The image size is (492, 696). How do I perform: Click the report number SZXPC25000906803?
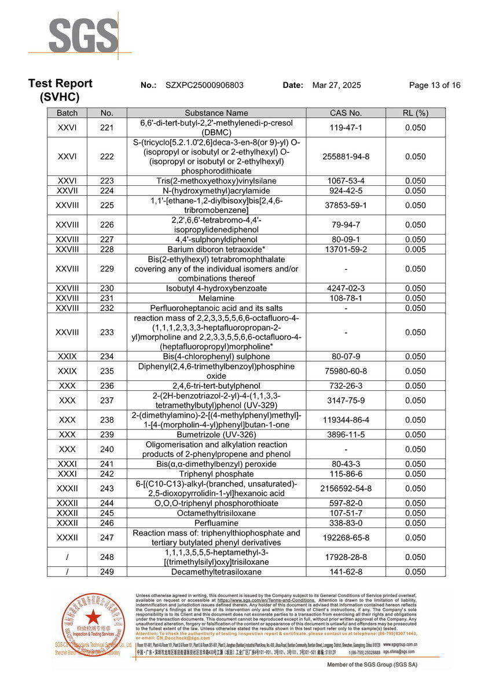(x=204, y=85)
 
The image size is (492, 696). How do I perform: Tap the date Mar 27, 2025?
(x=336, y=85)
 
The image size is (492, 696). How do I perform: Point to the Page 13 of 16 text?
(x=435, y=85)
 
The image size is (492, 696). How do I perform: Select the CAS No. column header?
(x=346, y=113)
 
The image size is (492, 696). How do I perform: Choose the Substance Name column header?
(x=216, y=113)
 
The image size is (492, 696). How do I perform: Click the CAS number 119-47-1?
(x=346, y=127)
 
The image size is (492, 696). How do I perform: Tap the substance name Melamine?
(x=216, y=298)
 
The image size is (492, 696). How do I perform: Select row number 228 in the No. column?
(x=107, y=249)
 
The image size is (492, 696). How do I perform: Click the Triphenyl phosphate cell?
(x=216, y=474)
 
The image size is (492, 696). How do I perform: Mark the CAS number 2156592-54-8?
(x=346, y=488)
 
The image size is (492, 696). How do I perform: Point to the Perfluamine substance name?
(x=216, y=523)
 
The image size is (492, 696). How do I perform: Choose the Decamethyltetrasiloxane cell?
(x=216, y=572)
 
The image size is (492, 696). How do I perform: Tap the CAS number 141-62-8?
(x=346, y=572)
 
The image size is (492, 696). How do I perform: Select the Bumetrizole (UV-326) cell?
(x=216, y=434)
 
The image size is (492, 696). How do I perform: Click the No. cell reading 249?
(x=107, y=572)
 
